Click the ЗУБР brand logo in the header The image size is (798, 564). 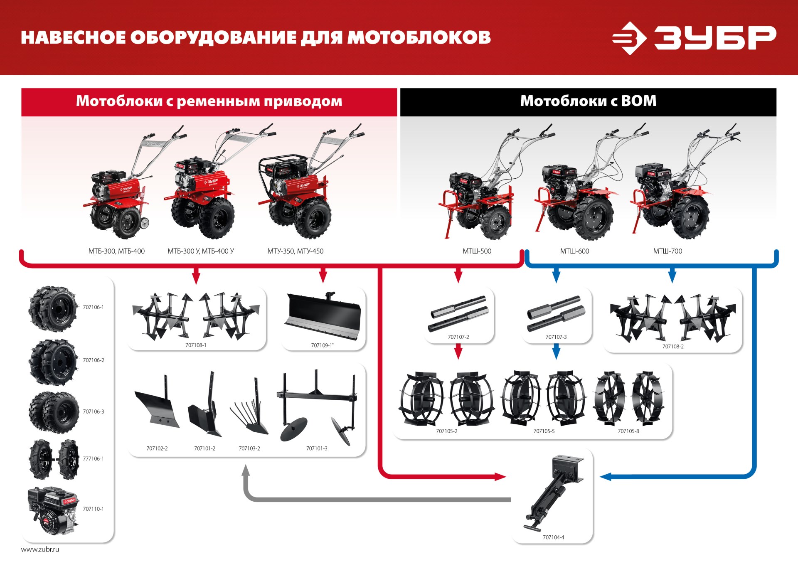[x=693, y=38]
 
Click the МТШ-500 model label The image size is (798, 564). [x=477, y=251]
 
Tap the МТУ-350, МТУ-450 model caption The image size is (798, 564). [x=295, y=251]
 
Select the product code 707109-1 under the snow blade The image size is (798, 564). [x=322, y=345]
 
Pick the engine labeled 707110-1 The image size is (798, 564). [x=53, y=510]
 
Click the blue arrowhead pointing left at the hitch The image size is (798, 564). [x=605, y=477]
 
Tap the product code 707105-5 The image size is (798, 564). [x=544, y=431]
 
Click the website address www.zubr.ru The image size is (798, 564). [x=40, y=549]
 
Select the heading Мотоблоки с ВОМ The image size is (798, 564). [x=588, y=101]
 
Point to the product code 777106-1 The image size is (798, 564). [x=93, y=459]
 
